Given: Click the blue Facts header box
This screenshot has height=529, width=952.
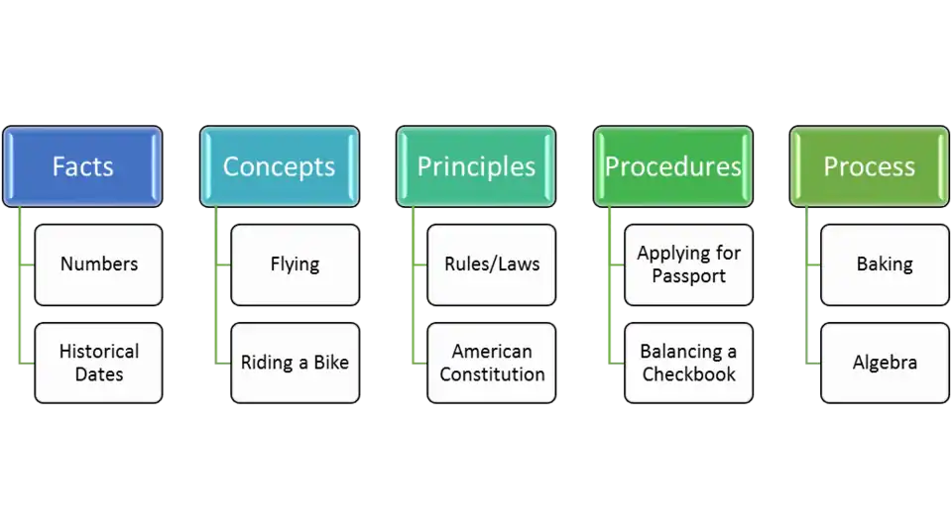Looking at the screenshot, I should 82,166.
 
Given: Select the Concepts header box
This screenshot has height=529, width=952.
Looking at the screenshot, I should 279,166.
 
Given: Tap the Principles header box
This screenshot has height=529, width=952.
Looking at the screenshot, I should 476,166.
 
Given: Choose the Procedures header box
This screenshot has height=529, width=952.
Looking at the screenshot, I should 672,166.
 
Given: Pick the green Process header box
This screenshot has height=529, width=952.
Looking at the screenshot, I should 869,166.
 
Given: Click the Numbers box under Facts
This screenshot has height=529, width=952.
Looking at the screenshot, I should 98,264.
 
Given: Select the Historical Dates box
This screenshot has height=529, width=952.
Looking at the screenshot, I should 98,363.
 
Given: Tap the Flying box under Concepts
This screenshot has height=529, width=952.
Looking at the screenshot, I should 295,264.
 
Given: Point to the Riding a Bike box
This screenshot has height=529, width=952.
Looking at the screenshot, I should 295,363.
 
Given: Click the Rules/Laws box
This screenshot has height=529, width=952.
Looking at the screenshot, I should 492,264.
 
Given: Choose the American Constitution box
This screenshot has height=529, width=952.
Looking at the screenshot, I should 492,363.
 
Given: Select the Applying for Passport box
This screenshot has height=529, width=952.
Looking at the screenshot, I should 688,264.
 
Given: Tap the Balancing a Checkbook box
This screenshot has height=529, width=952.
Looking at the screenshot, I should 688,363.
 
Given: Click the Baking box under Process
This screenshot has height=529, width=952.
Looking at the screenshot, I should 885,264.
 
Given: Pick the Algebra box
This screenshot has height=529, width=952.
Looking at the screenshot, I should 885,363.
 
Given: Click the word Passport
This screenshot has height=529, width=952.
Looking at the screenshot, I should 688,275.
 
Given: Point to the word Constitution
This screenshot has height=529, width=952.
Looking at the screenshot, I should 492,374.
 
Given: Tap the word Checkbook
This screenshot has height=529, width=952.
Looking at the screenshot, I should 688,374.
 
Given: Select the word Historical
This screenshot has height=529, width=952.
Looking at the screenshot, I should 98,351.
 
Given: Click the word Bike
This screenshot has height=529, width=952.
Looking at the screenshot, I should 330,363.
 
